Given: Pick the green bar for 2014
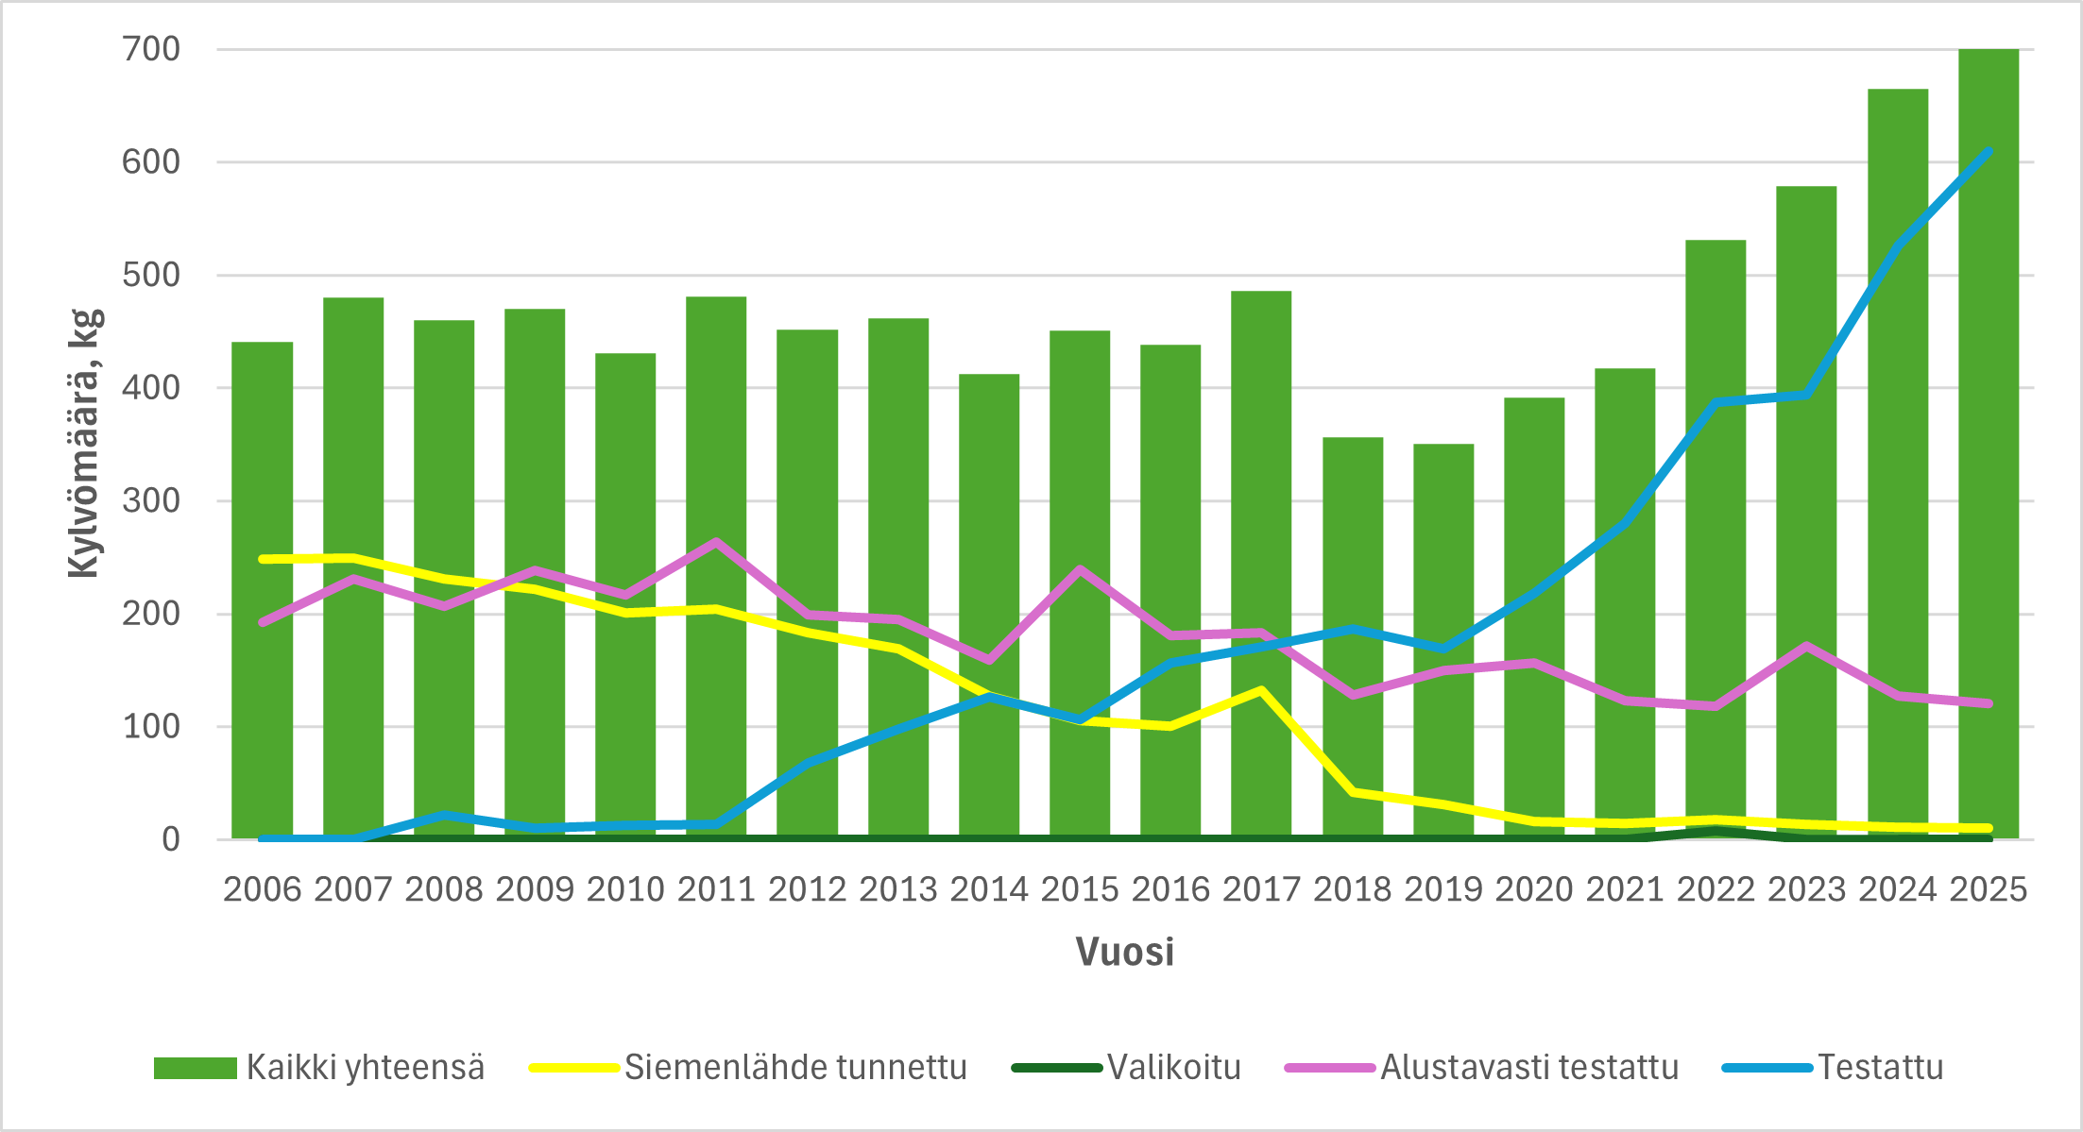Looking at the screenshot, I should click(988, 604).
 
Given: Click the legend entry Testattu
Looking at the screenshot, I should click(1879, 1068).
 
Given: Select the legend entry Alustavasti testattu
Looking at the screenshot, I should click(1528, 1068).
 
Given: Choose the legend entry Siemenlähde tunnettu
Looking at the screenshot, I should click(794, 1068).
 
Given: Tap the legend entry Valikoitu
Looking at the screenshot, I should click(1173, 1068).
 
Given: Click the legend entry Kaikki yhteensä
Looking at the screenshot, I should click(365, 1068).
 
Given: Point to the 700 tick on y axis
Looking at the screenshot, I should click(151, 49).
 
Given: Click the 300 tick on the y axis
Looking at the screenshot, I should click(151, 500).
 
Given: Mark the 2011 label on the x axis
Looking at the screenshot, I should click(716, 889).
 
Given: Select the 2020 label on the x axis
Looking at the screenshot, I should click(1533, 889).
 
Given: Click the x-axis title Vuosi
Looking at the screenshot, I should click(1124, 952).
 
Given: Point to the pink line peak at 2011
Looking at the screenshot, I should click(716, 542).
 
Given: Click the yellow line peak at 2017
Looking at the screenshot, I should click(1261, 690).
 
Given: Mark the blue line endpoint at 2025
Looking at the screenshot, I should click(1988, 152).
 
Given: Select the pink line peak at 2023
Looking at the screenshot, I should click(1806, 647).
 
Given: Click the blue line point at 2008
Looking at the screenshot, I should click(444, 815).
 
